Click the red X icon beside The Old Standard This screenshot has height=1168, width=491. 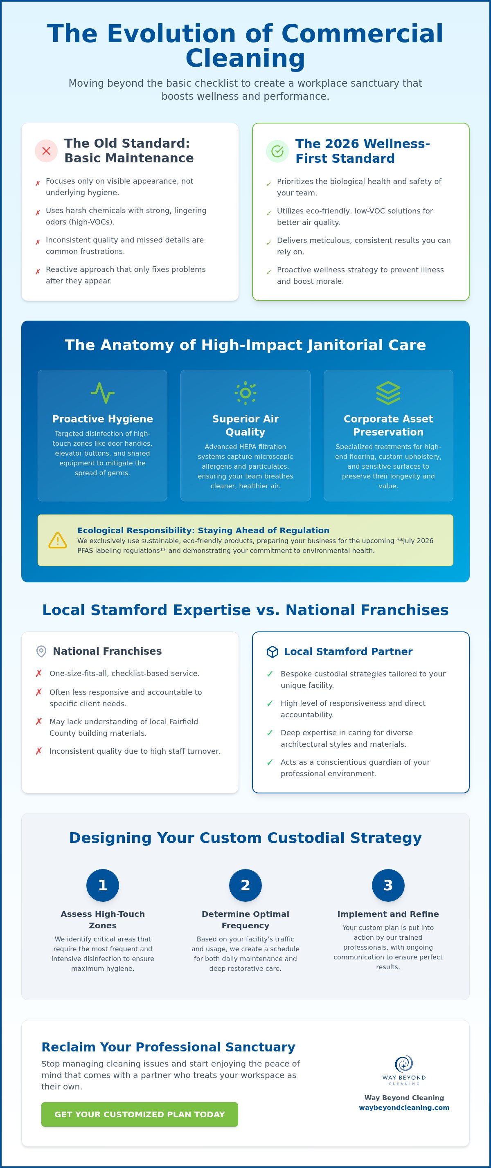[46, 151]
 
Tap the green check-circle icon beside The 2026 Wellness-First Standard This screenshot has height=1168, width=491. [277, 151]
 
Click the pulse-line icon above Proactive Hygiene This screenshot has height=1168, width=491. [103, 393]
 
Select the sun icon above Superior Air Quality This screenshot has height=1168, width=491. [245, 393]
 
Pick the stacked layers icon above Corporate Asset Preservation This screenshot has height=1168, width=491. [388, 393]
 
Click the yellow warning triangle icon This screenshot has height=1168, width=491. [58, 540]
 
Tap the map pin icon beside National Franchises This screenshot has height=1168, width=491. [41, 651]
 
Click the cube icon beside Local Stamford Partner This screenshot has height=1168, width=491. [272, 651]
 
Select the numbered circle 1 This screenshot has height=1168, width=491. [103, 885]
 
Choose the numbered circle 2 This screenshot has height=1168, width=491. [245, 885]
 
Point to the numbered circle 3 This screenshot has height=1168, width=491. [388, 885]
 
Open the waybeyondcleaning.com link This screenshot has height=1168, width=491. [404, 1108]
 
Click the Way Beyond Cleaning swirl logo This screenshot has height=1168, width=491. [404, 1063]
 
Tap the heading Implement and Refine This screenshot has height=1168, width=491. [388, 914]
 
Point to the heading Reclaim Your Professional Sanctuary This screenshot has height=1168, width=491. [168, 1047]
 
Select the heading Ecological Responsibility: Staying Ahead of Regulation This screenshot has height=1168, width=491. [203, 530]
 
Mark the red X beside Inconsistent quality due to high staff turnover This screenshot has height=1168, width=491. [39, 751]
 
